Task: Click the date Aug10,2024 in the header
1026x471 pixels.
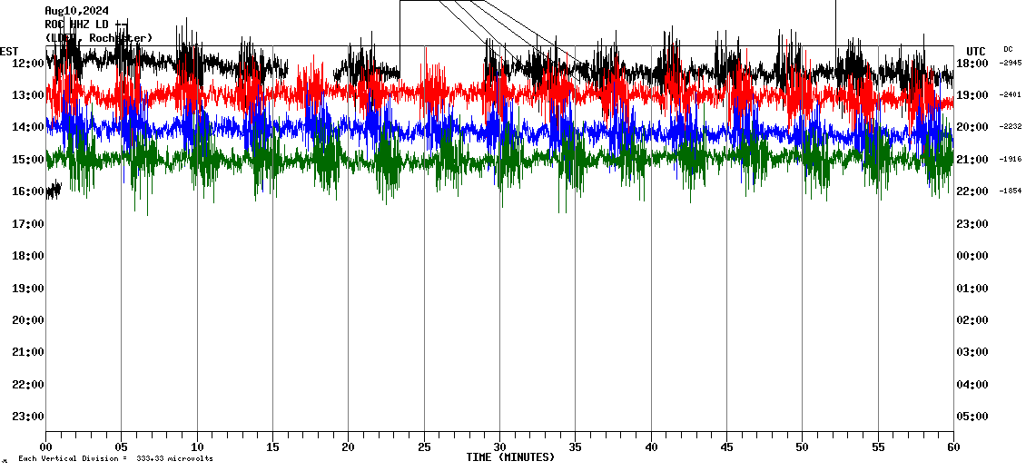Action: coord(76,11)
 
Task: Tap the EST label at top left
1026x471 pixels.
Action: coord(9,51)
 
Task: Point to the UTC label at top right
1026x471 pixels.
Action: coord(976,51)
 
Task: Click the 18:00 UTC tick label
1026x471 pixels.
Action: coord(972,63)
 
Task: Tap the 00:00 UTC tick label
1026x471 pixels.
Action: coord(972,256)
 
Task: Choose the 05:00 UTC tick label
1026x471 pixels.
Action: coord(972,417)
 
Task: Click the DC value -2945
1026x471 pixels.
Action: coord(1011,63)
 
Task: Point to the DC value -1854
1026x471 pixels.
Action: coord(1011,191)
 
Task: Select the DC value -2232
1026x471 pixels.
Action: coord(1011,127)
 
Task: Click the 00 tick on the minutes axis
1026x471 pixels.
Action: coord(46,446)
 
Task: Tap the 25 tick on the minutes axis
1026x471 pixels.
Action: coord(424,446)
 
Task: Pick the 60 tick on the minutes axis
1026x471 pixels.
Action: coord(952,446)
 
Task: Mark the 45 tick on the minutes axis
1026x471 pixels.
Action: coord(726,446)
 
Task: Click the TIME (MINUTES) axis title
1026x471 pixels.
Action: coord(509,457)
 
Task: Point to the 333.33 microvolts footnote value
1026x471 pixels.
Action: coord(174,459)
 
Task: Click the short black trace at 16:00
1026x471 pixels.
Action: coord(54,190)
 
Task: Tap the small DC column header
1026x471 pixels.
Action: coord(1008,49)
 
